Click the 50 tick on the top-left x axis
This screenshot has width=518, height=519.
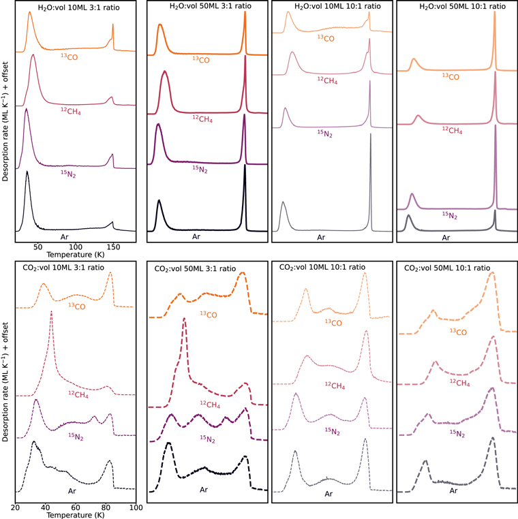coord(38,247)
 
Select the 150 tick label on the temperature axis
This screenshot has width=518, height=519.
coord(113,247)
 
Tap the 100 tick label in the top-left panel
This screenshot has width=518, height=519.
coord(76,247)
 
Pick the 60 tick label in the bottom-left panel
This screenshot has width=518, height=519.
coord(76,507)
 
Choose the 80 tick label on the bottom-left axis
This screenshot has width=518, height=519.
coord(106,507)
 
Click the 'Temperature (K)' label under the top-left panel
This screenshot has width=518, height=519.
coord(76,255)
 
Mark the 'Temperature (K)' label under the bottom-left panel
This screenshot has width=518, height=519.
coord(76,515)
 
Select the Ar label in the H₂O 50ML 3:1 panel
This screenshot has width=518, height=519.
coord(196,237)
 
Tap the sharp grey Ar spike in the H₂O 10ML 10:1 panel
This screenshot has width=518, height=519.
coord(370,136)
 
